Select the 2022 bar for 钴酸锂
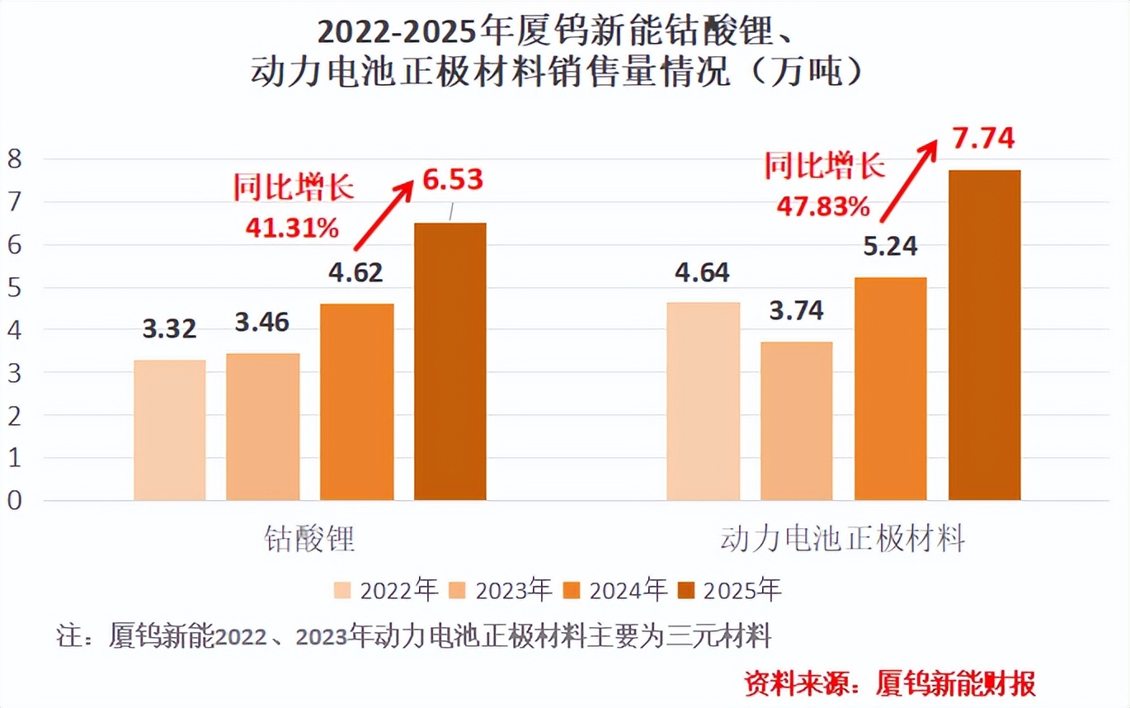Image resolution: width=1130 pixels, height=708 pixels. point(169,430)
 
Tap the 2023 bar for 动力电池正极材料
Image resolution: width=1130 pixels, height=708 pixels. point(796,421)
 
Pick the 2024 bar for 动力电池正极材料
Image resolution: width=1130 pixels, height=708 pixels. point(890,389)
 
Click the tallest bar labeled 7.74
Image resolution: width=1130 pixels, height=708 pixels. point(984,335)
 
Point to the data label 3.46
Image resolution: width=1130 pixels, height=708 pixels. point(262,322)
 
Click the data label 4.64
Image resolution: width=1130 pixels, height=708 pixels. point(702,271)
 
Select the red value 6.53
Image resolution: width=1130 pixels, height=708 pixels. point(451,179)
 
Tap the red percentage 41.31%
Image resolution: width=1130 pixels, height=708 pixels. point(292,227)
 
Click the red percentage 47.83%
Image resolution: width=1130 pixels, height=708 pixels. point(823,206)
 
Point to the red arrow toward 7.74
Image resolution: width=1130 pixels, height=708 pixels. point(908,181)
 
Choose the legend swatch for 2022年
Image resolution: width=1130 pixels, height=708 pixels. point(343,591)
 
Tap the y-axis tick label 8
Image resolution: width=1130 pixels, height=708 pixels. point(15,158)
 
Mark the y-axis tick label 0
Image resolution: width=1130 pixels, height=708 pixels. point(15,501)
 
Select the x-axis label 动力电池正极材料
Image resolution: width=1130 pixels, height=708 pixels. point(842,540)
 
